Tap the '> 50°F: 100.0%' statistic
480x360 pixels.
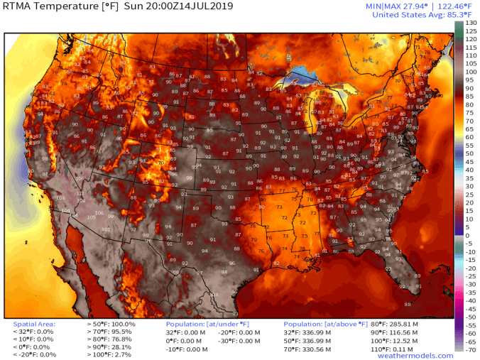108,324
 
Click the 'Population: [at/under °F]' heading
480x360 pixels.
204,324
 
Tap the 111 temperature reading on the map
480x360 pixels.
80,193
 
